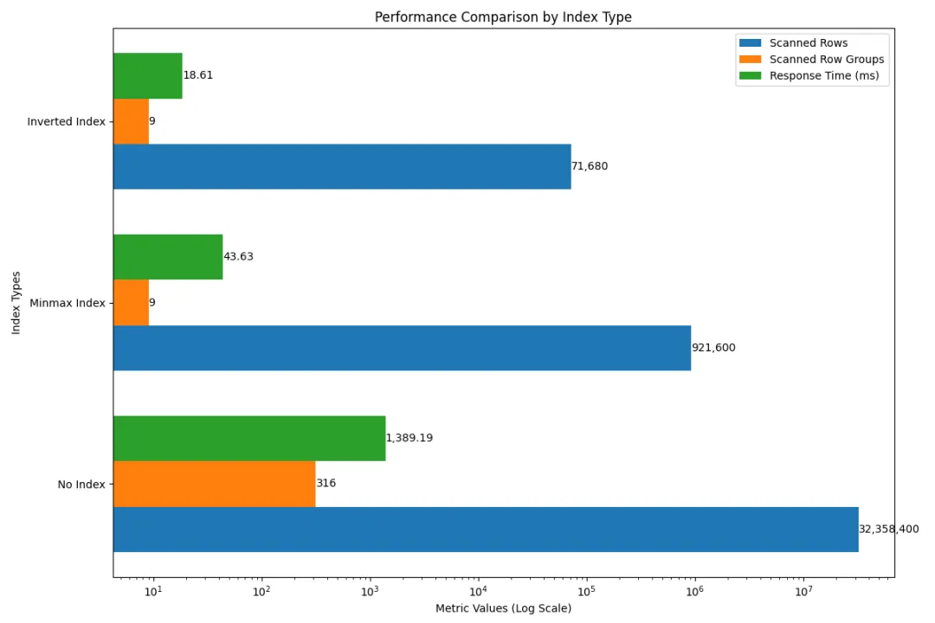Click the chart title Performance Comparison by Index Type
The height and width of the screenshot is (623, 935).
tap(503, 17)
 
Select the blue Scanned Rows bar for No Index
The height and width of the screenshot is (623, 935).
tap(485, 530)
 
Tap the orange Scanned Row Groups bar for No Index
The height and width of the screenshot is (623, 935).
tap(214, 484)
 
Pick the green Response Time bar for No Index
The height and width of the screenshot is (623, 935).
tap(248, 439)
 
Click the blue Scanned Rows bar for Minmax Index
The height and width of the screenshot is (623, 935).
tap(402, 348)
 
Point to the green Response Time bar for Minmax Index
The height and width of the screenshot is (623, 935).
tap(168, 257)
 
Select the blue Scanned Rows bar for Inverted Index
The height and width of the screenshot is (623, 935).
tap(342, 166)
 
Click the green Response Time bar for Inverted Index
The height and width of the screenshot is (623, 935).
tap(147, 75)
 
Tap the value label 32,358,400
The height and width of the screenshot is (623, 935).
tap(888, 530)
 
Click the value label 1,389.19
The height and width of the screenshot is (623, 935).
tap(409, 439)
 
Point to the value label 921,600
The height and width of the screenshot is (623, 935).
tap(713, 348)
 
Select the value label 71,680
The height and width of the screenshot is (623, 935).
tap(590, 166)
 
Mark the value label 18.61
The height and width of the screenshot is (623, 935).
tap(198, 75)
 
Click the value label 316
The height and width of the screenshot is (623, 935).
tap(326, 484)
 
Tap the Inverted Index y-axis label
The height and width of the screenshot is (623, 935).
tap(66, 122)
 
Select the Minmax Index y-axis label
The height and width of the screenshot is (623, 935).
tap(68, 304)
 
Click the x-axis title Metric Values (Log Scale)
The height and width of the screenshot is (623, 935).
tap(503, 608)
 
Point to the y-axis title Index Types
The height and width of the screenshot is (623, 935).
tap(16, 303)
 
